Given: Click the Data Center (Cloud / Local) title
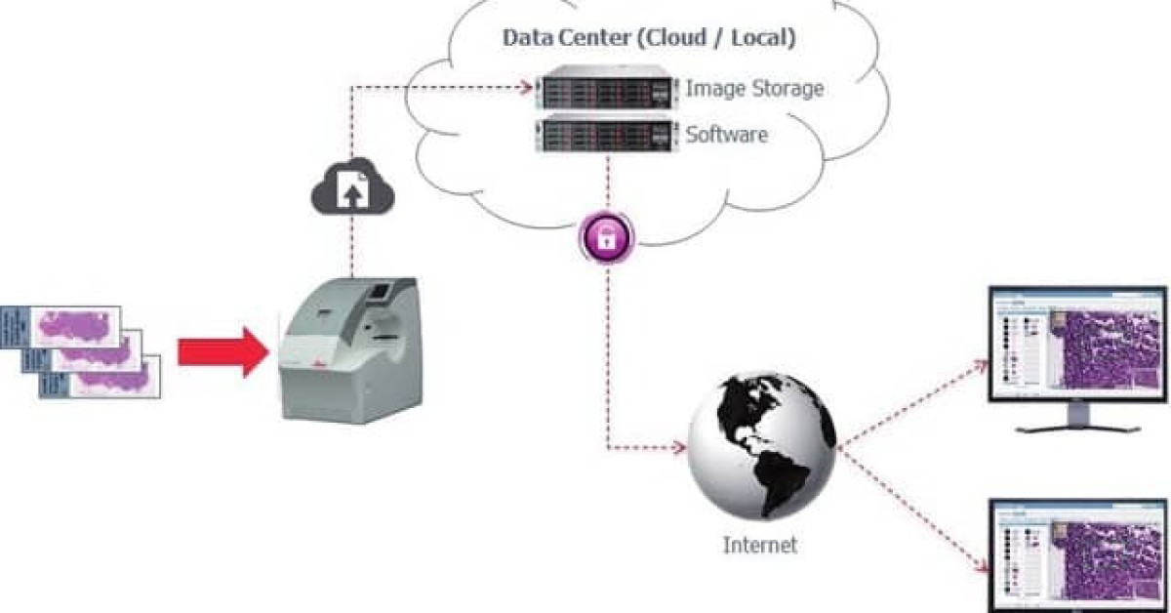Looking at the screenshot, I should tap(649, 38).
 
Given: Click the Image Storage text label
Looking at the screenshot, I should tap(754, 89).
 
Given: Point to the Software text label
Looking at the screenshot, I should tap(726, 134).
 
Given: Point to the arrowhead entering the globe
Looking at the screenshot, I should tap(680, 449).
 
